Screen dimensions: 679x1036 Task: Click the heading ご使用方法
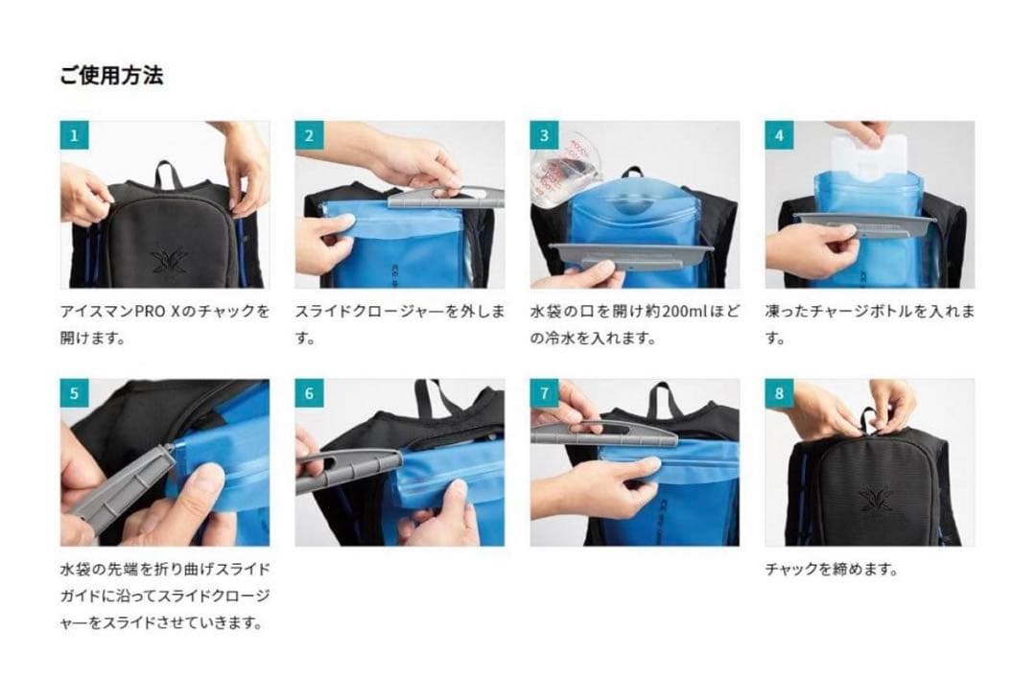(x=111, y=76)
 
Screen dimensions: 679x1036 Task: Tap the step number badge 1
(x=73, y=135)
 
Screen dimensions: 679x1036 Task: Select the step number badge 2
(x=308, y=135)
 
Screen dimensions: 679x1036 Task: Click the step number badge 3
(x=544, y=135)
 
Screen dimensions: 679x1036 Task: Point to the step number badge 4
(x=779, y=135)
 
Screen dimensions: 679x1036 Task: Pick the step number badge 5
(x=73, y=393)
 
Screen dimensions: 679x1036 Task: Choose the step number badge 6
(x=308, y=393)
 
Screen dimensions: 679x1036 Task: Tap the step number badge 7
(x=544, y=393)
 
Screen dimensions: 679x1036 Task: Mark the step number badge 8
(x=779, y=393)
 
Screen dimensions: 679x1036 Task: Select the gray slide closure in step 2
(x=446, y=199)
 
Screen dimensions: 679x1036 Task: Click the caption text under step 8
(x=831, y=570)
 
